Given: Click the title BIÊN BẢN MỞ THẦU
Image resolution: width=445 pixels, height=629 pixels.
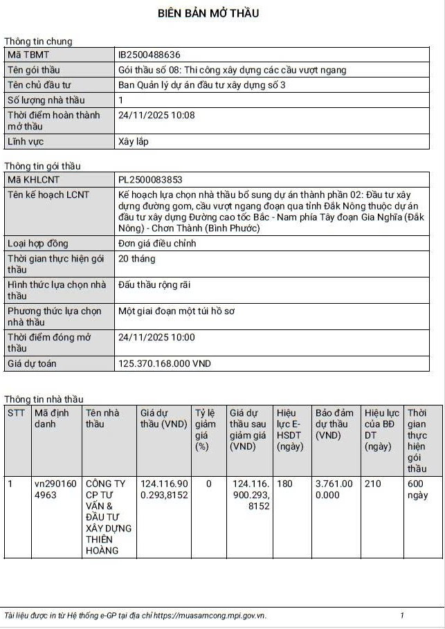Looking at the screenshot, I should point(208,14).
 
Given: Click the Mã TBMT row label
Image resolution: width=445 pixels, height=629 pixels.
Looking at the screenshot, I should point(28,55).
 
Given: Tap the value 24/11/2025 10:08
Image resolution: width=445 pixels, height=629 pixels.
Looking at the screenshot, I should point(156,116).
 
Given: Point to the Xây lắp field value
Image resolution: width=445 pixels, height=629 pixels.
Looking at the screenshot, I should point(134,142).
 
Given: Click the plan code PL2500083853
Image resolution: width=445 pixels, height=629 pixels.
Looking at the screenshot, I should point(150,179).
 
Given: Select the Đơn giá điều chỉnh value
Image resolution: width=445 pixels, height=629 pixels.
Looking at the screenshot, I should point(157,244).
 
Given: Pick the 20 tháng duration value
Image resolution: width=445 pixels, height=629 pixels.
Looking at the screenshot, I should point(137,259).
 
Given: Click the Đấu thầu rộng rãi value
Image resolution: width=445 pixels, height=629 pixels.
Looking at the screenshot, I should point(154,285).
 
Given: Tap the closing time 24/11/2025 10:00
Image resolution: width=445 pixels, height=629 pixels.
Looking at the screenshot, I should point(156,338).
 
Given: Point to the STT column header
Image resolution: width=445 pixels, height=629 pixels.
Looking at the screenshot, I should point(16,413).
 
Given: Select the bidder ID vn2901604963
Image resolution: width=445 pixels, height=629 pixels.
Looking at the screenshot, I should point(55,489).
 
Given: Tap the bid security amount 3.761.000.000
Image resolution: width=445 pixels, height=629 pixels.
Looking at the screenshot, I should point(334,489).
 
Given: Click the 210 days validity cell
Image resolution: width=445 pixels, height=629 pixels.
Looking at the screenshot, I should point(373,484).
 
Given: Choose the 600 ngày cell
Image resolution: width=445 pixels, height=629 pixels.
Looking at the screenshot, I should point(418,489).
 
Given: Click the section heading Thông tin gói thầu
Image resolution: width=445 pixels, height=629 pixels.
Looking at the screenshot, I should point(42,166).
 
